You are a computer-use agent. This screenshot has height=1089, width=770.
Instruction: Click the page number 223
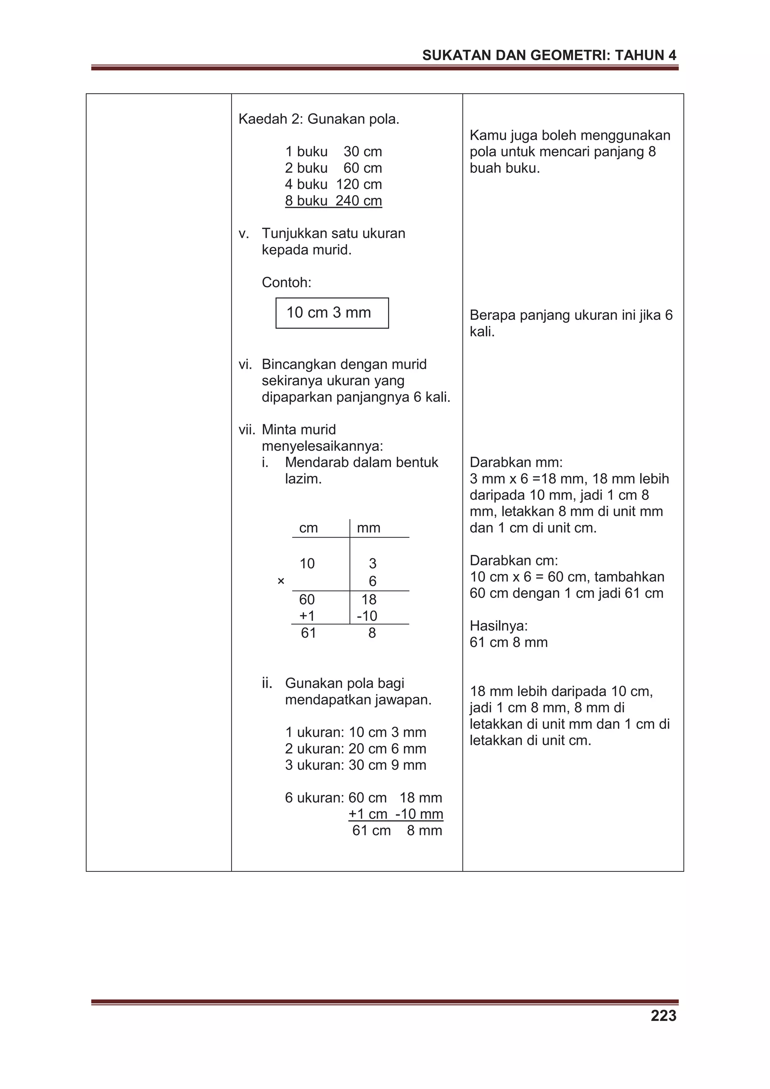pyautogui.click(x=663, y=1016)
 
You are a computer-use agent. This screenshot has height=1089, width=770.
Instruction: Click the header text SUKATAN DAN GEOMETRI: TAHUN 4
pyautogui.click(x=549, y=56)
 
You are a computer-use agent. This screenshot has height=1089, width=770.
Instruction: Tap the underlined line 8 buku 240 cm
pyautogui.click(x=333, y=201)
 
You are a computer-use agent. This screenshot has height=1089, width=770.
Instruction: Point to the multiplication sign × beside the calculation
pyautogui.click(x=281, y=581)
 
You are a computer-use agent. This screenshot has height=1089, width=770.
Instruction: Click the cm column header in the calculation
pyautogui.click(x=308, y=528)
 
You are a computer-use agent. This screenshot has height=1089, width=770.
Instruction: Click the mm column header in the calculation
pyautogui.click(x=368, y=528)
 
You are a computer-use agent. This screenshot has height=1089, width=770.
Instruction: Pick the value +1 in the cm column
pyautogui.click(x=307, y=616)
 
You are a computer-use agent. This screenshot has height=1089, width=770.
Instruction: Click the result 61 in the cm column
pyautogui.click(x=308, y=633)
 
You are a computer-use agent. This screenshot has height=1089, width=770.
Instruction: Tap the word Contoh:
pyautogui.click(x=286, y=283)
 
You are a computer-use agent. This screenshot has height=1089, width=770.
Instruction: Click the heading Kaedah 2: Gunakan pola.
pyautogui.click(x=319, y=119)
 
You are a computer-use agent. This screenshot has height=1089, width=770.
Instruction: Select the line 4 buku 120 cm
pyautogui.click(x=333, y=184)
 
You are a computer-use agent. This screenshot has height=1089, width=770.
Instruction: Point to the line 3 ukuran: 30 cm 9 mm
pyautogui.click(x=355, y=765)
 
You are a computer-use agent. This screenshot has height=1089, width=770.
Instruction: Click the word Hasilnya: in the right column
pyautogui.click(x=499, y=626)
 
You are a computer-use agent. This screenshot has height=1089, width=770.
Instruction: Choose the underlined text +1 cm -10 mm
pyautogui.click(x=396, y=814)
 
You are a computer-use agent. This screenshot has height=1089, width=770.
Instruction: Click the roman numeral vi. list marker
pyautogui.click(x=245, y=364)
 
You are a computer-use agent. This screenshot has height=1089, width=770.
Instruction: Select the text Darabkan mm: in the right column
pyautogui.click(x=516, y=462)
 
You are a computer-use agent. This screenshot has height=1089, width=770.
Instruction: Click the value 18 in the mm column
pyautogui.click(x=368, y=600)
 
